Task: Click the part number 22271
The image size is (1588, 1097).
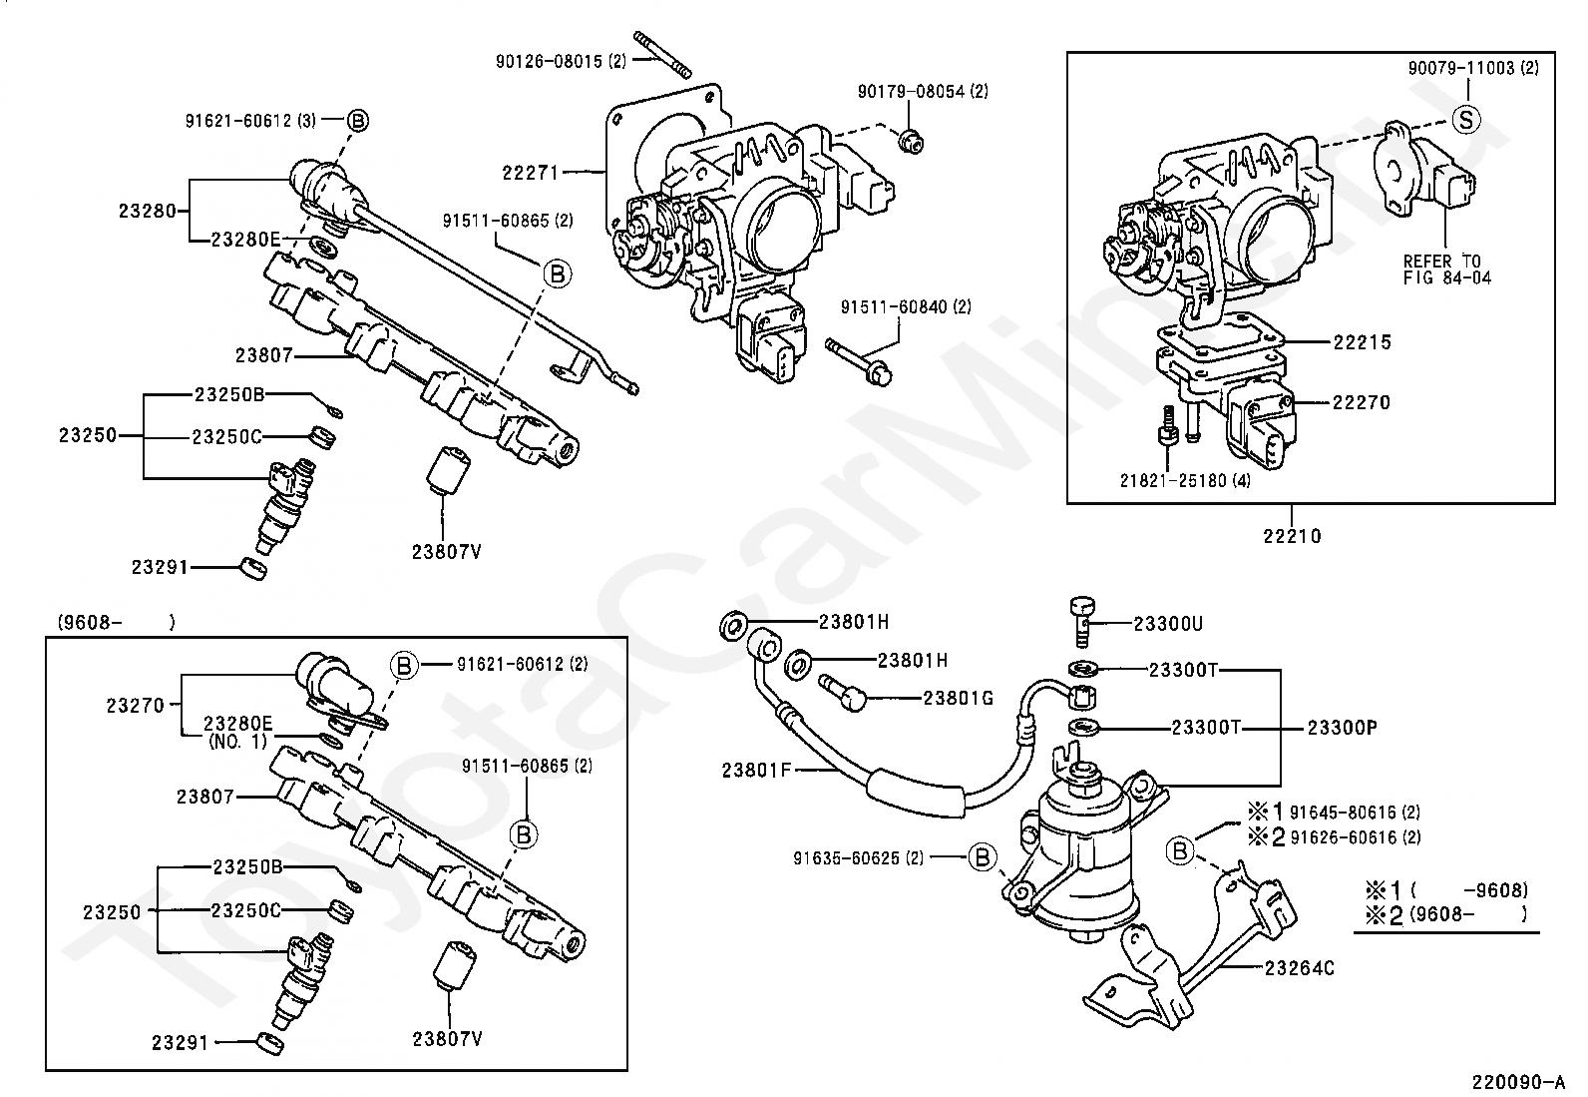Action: click(531, 173)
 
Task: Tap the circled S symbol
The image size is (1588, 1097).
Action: click(1466, 119)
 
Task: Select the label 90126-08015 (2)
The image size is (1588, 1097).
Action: click(561, 61)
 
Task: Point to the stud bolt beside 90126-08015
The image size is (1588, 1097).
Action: click(663, 55)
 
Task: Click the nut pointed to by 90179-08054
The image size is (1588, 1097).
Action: click(911, 142)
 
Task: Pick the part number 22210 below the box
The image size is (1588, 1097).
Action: click(1293, 536)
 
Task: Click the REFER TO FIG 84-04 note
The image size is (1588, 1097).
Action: click(1447, 270)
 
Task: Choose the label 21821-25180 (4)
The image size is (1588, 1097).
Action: click(1185, 480)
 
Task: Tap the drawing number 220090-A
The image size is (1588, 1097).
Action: click(1518, 1081)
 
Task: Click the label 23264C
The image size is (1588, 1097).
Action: click(1300, 968)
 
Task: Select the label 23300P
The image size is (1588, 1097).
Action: click(1342, 728)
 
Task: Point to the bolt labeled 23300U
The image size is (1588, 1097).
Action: click(1082, 621)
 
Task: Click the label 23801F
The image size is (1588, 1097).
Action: click(756, 770)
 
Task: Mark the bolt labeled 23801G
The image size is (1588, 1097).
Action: click(842, 692)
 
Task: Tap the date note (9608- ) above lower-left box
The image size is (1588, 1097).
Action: click(117, 622)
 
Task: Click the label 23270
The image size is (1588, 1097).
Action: click(136, 706)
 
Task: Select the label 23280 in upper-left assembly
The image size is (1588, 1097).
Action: click(147, 211)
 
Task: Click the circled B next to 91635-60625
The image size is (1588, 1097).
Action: click(983, 857)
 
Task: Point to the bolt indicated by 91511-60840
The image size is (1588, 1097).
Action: click(858, 361)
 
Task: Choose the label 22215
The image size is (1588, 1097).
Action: click(1362, 342)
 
